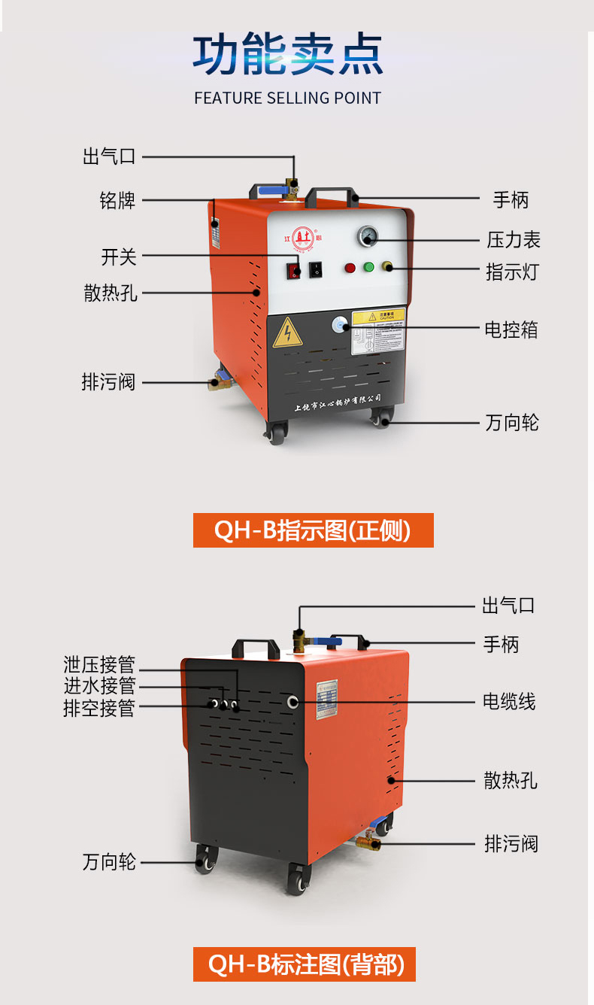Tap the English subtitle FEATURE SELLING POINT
[x=287, y=99]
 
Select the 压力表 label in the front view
[x=513, y=241]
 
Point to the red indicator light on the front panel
[x=350, y=267]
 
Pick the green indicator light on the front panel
[x=368, y=267]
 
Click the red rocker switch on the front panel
[x=295, y=270]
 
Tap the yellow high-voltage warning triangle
[x=287, y=332]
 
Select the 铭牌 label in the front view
[x=117, y=201]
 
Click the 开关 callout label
[x=119, y=257]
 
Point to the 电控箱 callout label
[x=511, y=329]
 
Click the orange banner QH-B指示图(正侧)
[x=313, y=530]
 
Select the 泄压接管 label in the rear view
[x=99, y=665]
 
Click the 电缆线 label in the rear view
[x=509, y=702]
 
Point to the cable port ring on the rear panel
[x=292, y=702]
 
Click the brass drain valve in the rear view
[x=371, y=842]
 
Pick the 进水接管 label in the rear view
[x=99, y=686]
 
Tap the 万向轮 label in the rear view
[x=109, y=862]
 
